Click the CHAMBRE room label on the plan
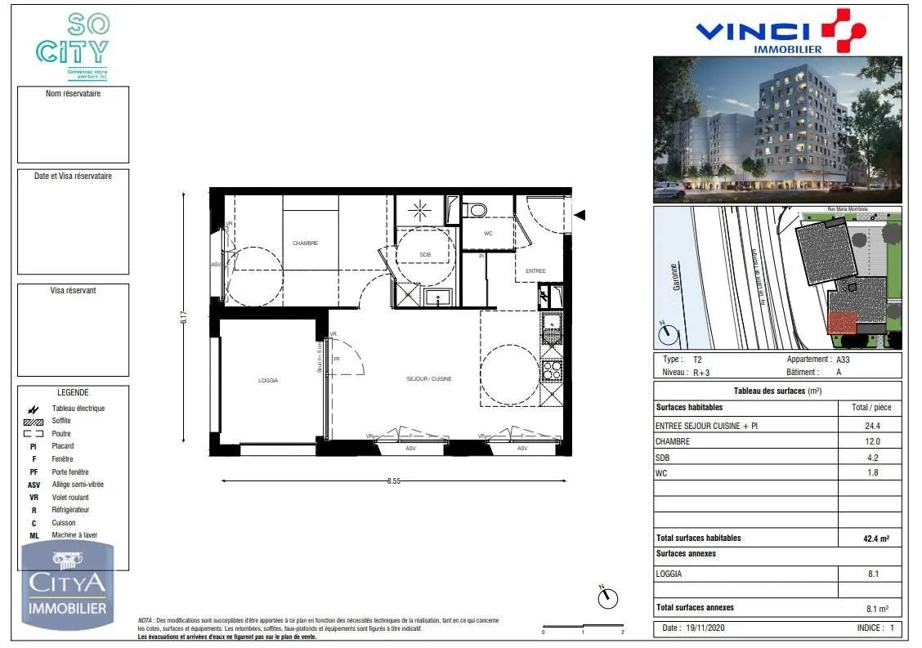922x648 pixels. click(305, 243)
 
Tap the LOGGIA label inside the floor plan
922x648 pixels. click(268, 381)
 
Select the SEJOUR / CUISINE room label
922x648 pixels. click(428, 379)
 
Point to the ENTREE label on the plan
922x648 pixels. click(535, 271)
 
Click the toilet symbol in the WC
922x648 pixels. click(476, 211)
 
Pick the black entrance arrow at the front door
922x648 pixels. click(580, 215)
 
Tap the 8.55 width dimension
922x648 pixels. click(395, 481)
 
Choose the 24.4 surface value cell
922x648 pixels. click(871, 426)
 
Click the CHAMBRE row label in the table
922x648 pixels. click(673, 441)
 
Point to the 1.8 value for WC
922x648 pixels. click(871, 473)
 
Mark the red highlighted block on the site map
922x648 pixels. click(842, 324)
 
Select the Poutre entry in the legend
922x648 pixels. click(61, 434)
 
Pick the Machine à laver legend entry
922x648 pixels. click(74, 535)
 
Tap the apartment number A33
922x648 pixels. click(844, 359)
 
